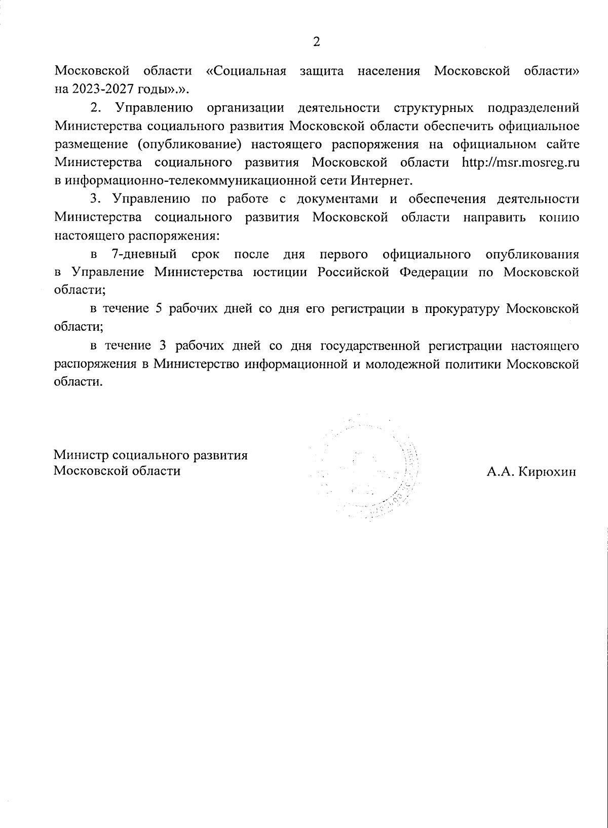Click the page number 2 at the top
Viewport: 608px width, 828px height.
317,42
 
